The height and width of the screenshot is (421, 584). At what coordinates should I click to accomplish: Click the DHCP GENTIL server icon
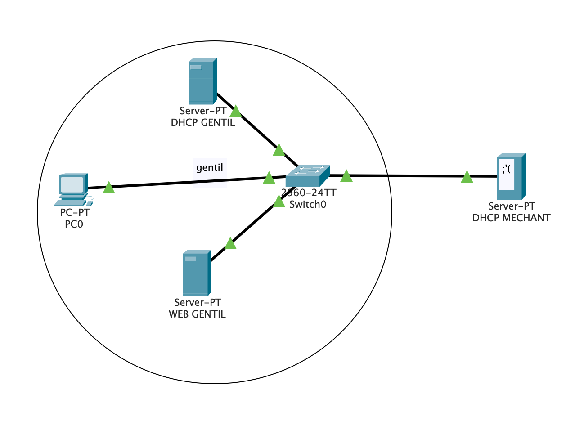point(202,81)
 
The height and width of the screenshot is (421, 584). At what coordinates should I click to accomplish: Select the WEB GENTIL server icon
point(197,273)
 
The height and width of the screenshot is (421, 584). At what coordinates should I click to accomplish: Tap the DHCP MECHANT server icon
point(511,177)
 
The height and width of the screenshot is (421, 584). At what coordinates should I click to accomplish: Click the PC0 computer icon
point(73,189)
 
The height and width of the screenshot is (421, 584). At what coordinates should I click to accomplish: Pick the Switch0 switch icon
point(308,175)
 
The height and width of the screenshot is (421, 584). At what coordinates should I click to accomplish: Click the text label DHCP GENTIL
point(203,123)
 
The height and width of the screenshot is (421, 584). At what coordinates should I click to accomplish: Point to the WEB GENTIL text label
point(197,314)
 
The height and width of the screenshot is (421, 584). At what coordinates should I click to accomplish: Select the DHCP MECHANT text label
point(511,218)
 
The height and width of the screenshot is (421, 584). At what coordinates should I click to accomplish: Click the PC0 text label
point(74,224)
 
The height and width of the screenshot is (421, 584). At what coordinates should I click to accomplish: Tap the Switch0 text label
point(308,205)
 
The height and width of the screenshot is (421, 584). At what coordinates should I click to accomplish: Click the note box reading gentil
point(210,168)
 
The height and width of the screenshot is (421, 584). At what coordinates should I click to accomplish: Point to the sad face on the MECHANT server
point(506,170)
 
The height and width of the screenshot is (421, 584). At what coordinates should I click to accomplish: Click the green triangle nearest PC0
point(109,188)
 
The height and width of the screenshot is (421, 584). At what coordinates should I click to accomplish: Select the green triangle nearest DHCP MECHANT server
point(467,177)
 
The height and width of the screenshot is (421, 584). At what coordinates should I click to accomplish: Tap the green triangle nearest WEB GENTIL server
point(230,244)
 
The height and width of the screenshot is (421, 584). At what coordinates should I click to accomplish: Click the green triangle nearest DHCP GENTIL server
point(235,112)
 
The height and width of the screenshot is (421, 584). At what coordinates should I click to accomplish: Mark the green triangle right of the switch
point(346,176)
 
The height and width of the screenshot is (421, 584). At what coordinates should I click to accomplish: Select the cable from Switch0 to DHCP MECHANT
point(405,176)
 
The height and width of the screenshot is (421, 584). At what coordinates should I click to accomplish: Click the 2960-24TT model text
point(309,193)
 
